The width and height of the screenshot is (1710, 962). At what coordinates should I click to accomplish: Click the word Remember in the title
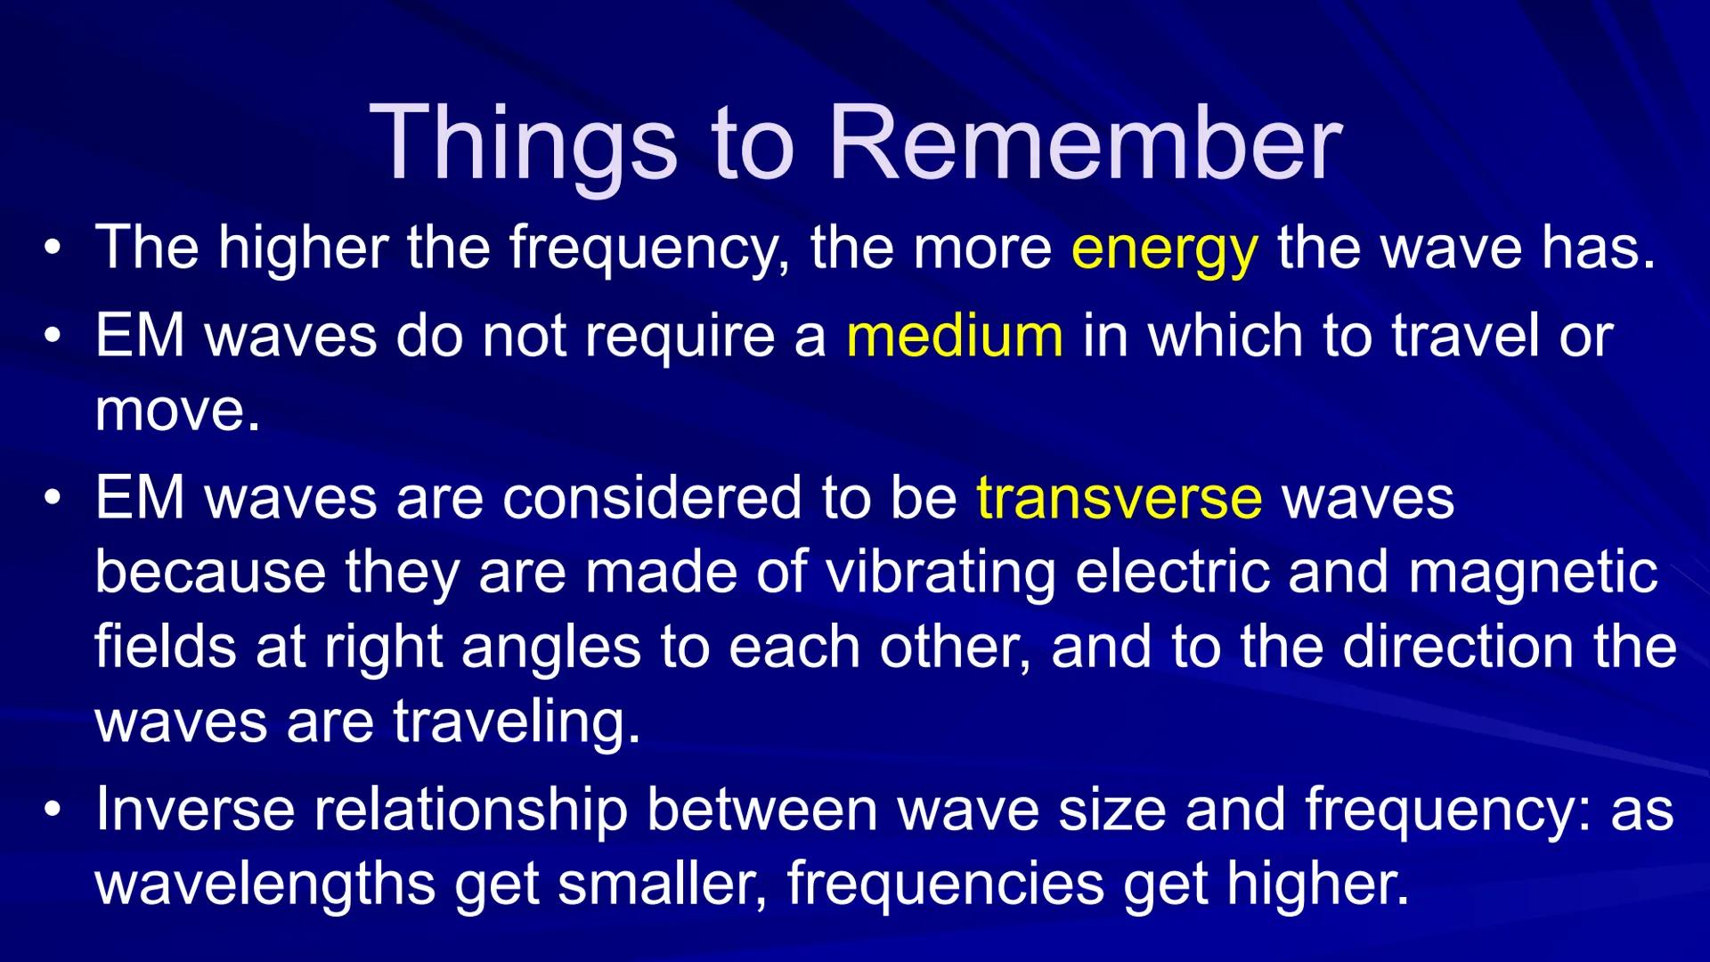pyautogui.click(x=1084, y=143)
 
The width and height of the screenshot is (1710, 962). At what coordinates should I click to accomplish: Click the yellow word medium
pyautogui.click(x=954, y=337)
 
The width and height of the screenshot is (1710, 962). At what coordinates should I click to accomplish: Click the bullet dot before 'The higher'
pyautogui.click(x=53, y=249)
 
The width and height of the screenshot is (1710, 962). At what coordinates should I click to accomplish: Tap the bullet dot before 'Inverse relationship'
pyautogui.click(x=53, y=810)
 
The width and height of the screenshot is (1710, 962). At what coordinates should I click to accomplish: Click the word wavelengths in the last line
pyautogui.click(x=265, y=884)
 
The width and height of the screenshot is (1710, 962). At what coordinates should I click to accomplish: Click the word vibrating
pyautogui.click(x=940, y=572)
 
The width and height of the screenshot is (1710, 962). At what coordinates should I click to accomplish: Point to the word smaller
pyautogui.click(x=661, y=884)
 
